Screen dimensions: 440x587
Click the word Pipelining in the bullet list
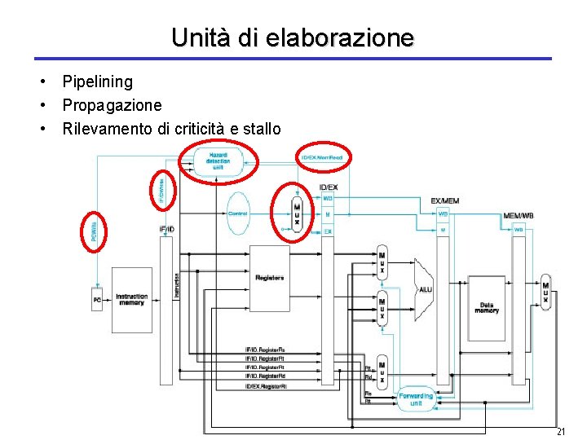coord(97,81)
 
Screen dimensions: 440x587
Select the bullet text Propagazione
coord(112,105)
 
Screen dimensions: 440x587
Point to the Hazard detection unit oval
coord(218,161)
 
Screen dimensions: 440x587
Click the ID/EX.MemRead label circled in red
coord(323,156)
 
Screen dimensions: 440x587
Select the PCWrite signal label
coord(94,231)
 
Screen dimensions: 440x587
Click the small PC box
coord(97,300)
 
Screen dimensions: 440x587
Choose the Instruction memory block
coord(131,299)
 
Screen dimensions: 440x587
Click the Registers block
coord(269,278)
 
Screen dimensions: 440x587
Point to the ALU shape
coord(425,288)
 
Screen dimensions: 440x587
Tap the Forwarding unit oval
coord(416,399)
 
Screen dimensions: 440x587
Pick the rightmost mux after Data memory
coord(545,291)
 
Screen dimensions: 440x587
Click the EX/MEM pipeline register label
coord(444,200)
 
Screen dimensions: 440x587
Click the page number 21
coord(560,430)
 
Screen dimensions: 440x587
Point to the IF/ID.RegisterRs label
coord(265,350)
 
